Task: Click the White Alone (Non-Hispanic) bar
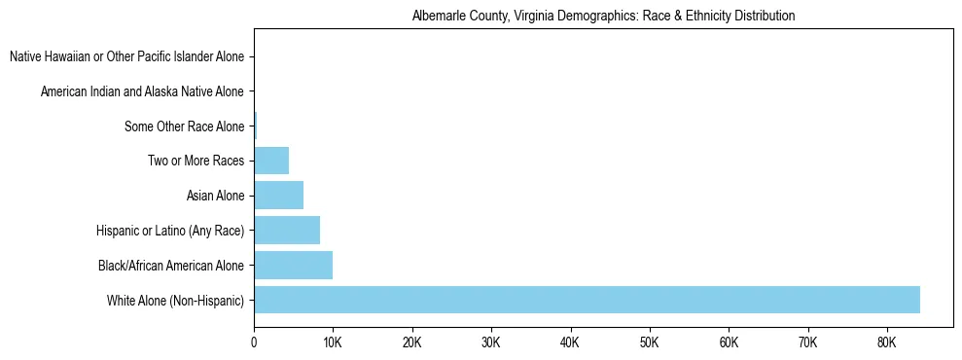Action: pos(587,300)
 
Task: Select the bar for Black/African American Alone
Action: pos(293,265)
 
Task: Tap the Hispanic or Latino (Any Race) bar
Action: pos(287,230)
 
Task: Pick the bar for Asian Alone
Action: pos(278,195)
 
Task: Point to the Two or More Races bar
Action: pos(271,161)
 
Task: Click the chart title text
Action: pos(603,16)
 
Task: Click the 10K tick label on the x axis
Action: pos(333,342)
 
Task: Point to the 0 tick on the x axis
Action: pos(254,342)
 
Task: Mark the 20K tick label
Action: pos(411,342)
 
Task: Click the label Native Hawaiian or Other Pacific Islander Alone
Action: pos(126,57)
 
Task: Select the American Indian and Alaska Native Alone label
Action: pos(142,91)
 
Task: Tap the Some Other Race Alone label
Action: pos(184,126)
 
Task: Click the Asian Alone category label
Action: pos(215,196)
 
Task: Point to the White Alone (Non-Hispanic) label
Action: pos(175,300)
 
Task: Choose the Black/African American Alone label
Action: pos(171,265)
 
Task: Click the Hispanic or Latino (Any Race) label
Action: pos(170,231)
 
